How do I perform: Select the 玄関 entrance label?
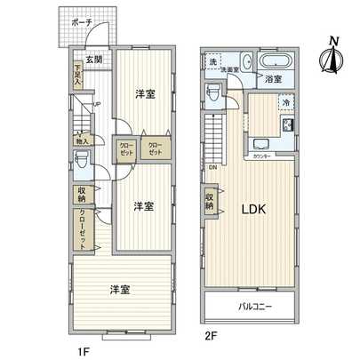(93, 60)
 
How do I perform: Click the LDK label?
(255, 210)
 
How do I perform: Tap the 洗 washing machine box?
(213, 62)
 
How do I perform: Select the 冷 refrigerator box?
(285, 103)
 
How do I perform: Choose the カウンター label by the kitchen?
(261, 156)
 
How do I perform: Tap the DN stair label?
(213, 167)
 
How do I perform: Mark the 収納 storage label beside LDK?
(211, 200)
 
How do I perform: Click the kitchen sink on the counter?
(262, 144)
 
